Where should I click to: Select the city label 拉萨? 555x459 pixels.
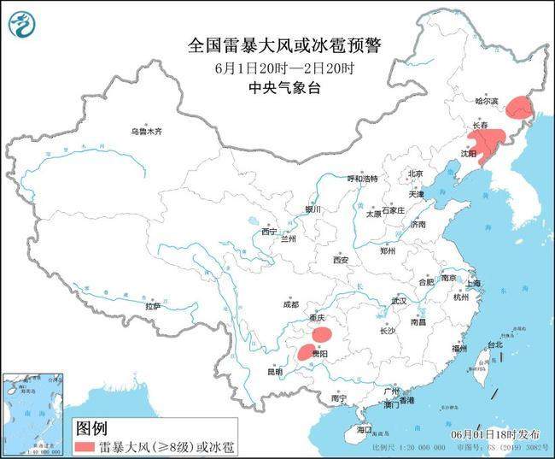[153, 306]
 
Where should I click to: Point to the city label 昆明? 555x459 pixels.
[274, 372]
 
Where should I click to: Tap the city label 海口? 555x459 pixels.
[365, 429]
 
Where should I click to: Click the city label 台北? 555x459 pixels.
[494, 344]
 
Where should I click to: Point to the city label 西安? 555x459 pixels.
[342, 260]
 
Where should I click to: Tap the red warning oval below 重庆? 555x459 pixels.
[322, 334]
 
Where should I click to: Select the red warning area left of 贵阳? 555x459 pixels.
[305, 351]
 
